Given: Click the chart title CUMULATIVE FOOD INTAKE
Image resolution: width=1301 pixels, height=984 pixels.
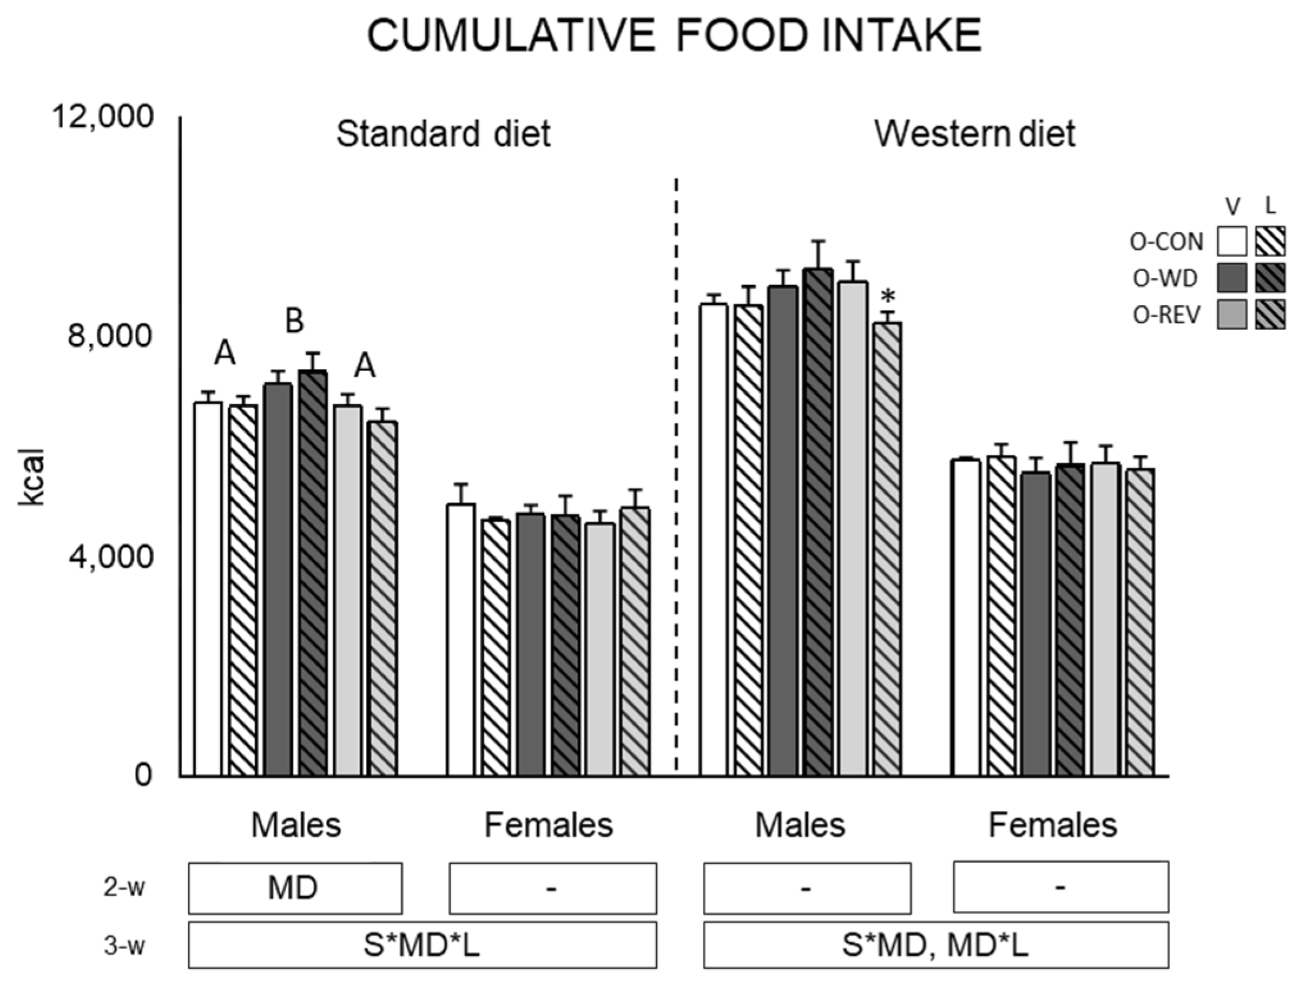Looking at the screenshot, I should point(674,35).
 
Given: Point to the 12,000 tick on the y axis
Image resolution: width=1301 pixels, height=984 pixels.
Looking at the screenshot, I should point(103,116).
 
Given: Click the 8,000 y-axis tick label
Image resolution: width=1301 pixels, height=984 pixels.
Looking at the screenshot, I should point(110,336).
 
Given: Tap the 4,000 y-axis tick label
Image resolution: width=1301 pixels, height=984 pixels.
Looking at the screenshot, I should point(110,556).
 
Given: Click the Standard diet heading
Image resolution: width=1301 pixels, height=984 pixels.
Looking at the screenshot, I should point(443,134).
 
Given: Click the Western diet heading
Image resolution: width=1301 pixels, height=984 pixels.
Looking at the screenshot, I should point(975,134).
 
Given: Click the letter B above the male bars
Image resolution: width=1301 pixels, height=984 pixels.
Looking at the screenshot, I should point(295,322).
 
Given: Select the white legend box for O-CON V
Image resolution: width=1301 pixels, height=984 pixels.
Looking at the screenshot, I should point(1232,242).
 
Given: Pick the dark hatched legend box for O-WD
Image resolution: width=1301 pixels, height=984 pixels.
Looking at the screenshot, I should point(1270,278).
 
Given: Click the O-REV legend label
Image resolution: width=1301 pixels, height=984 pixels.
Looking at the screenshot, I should point(1166,316).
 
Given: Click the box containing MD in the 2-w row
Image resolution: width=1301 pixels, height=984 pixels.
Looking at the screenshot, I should point(295,887).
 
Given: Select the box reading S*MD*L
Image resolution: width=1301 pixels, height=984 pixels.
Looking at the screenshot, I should point(422,945).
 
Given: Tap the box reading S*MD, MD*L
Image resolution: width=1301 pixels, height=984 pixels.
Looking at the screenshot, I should point(936,945).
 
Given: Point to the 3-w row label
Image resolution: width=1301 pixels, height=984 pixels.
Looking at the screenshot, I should point(124,946).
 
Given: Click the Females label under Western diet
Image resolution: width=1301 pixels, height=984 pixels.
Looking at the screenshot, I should point(1052,825).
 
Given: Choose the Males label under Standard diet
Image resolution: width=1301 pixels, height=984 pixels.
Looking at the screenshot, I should point(296,825).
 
